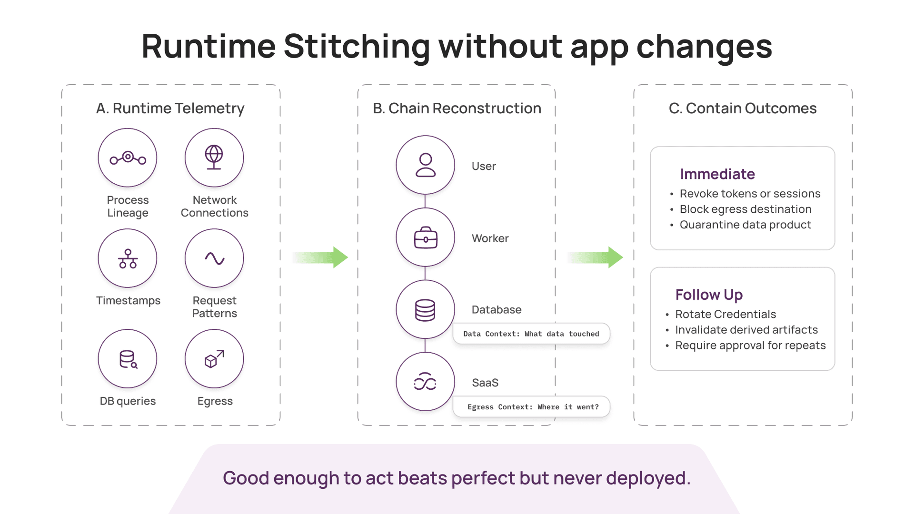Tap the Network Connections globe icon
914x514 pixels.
point(214,157)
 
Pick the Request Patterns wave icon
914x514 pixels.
point(215,258)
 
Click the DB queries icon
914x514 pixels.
point(128,359)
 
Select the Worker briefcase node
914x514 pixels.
point(426,237)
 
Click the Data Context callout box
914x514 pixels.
point(531,334)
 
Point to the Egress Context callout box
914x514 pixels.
point(531,407)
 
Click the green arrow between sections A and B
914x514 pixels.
point(320,257)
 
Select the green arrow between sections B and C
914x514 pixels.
point(595,257)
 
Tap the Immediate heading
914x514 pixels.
point(717,174)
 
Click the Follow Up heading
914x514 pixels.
point(709,295)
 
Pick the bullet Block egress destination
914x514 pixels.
point(745,209)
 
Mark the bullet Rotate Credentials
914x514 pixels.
point(725,315)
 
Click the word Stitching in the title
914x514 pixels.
point(357,47)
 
